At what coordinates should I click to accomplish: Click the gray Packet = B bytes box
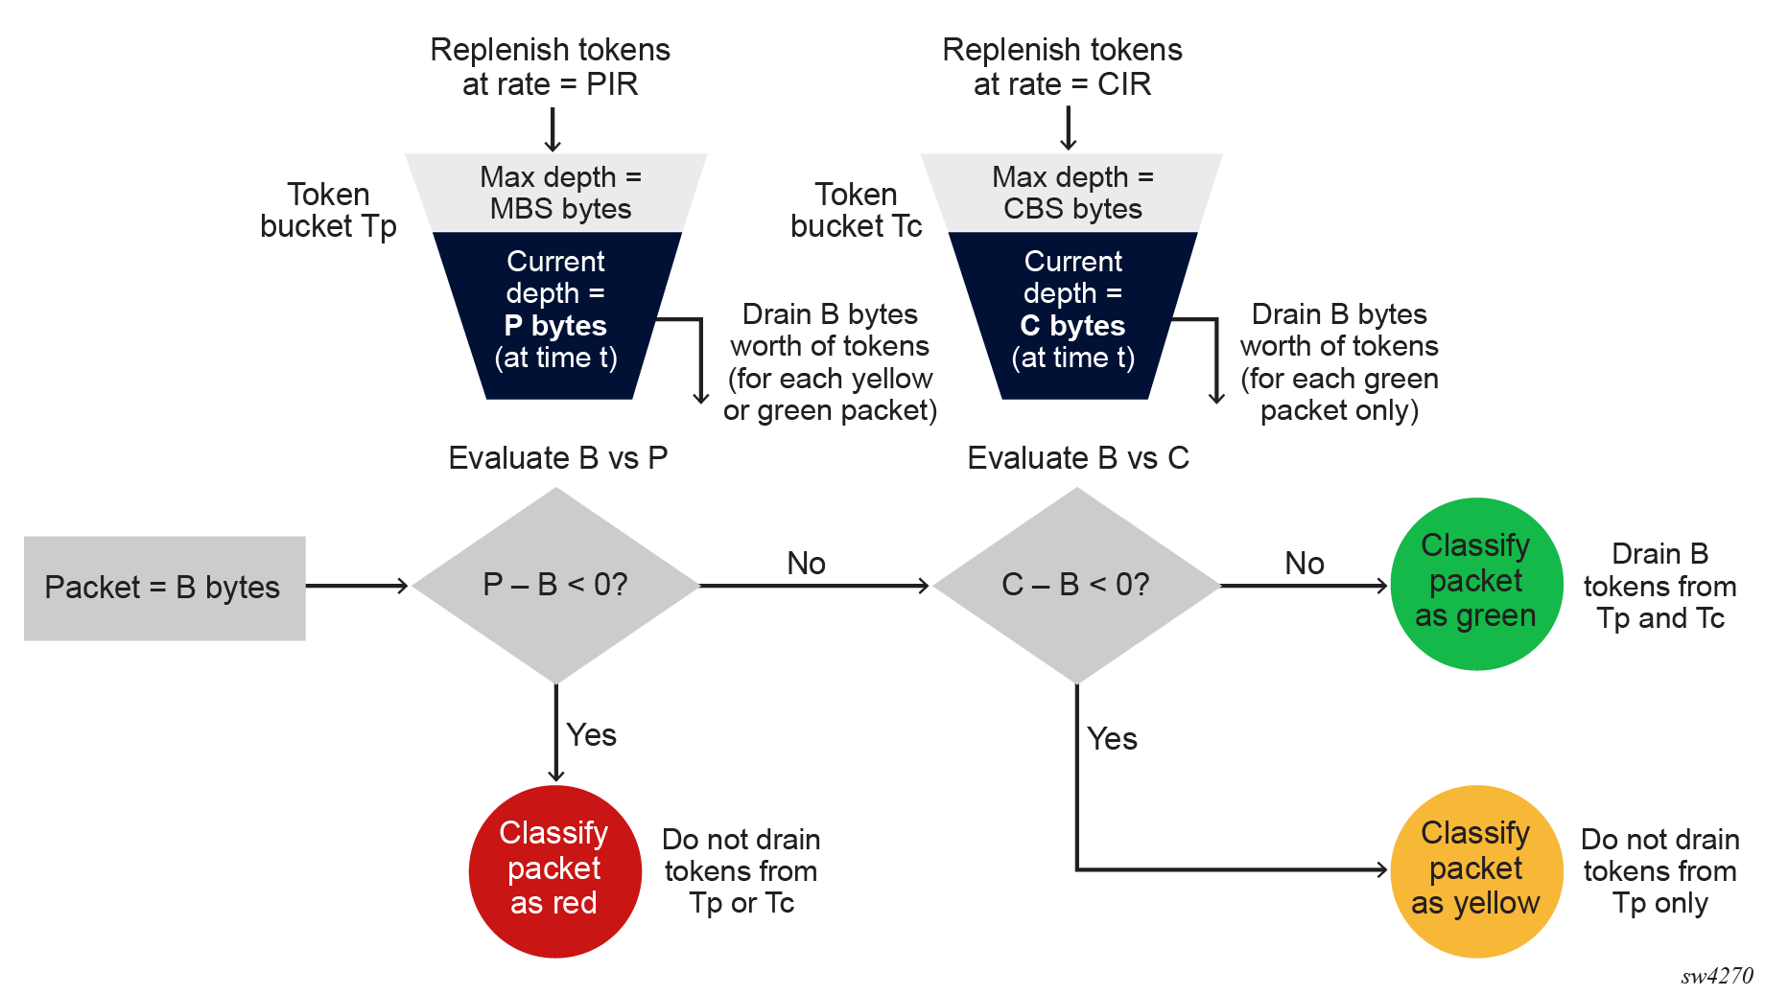coord(164,588)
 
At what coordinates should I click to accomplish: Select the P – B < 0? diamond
coord(555,585)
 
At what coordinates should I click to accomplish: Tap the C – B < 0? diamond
coord(1076,585)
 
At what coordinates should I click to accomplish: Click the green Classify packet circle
coord(1475,583)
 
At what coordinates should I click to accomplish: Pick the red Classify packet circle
coord(554,870)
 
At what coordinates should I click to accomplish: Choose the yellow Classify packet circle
coord(1475,870)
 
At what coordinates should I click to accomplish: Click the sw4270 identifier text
coord(1716,976)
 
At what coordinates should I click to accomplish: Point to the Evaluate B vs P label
coord(557,458)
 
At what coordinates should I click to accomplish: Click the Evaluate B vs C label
coord(1077,458)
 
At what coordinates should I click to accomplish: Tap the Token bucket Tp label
coord(328,210)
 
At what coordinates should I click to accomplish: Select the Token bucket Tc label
coord(856,210)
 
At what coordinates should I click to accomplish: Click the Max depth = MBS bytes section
coord(559,193)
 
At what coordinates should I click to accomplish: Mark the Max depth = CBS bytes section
coord(1072,193)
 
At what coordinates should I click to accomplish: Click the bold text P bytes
coord(555,326)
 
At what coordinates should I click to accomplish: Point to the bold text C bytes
coord(1072,326)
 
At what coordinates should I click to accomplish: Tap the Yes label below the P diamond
coord(591,735)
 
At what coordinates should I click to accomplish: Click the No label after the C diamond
coord(1304,564)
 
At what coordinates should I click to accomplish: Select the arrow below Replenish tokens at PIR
coord(553,129)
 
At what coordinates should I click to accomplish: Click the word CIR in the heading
coord(1124,84)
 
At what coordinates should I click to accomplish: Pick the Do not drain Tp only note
coord(1659,870)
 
